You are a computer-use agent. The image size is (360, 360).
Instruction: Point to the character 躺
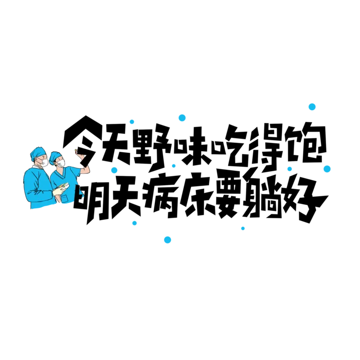(x=264, y=195)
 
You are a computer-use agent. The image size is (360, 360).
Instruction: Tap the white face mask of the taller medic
(x=44, y=163)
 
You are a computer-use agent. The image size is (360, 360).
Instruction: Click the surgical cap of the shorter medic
(x=55, y=156)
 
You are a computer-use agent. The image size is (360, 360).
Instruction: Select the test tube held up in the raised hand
(x=76, y=151)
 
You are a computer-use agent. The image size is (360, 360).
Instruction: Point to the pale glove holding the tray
(x=58, y=191)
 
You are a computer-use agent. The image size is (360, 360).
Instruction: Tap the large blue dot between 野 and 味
(x=182, y=118)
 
